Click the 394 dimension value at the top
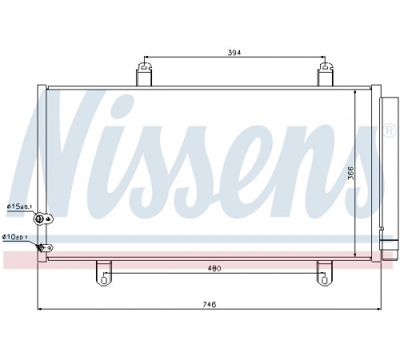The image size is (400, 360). pyautogui.click(x=234, y=53)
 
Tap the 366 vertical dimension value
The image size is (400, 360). pyautogui.click(x=350, y=173)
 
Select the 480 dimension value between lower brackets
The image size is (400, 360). pyautogui.click(x=214, y=269)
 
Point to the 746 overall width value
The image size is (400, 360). pyautogui.click(x=210, y=305)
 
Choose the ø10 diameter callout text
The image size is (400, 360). pyautogui.click(x=15, y=237)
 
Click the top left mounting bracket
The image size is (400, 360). pyautogui.click(x=144, y=74)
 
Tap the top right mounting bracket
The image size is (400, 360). pyautogui.click(x=325, y=74)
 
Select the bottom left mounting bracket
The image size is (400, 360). pyautogui.click(x=104, y=273)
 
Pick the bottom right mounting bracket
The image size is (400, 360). pyautogui.click(x=325, y=273)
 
